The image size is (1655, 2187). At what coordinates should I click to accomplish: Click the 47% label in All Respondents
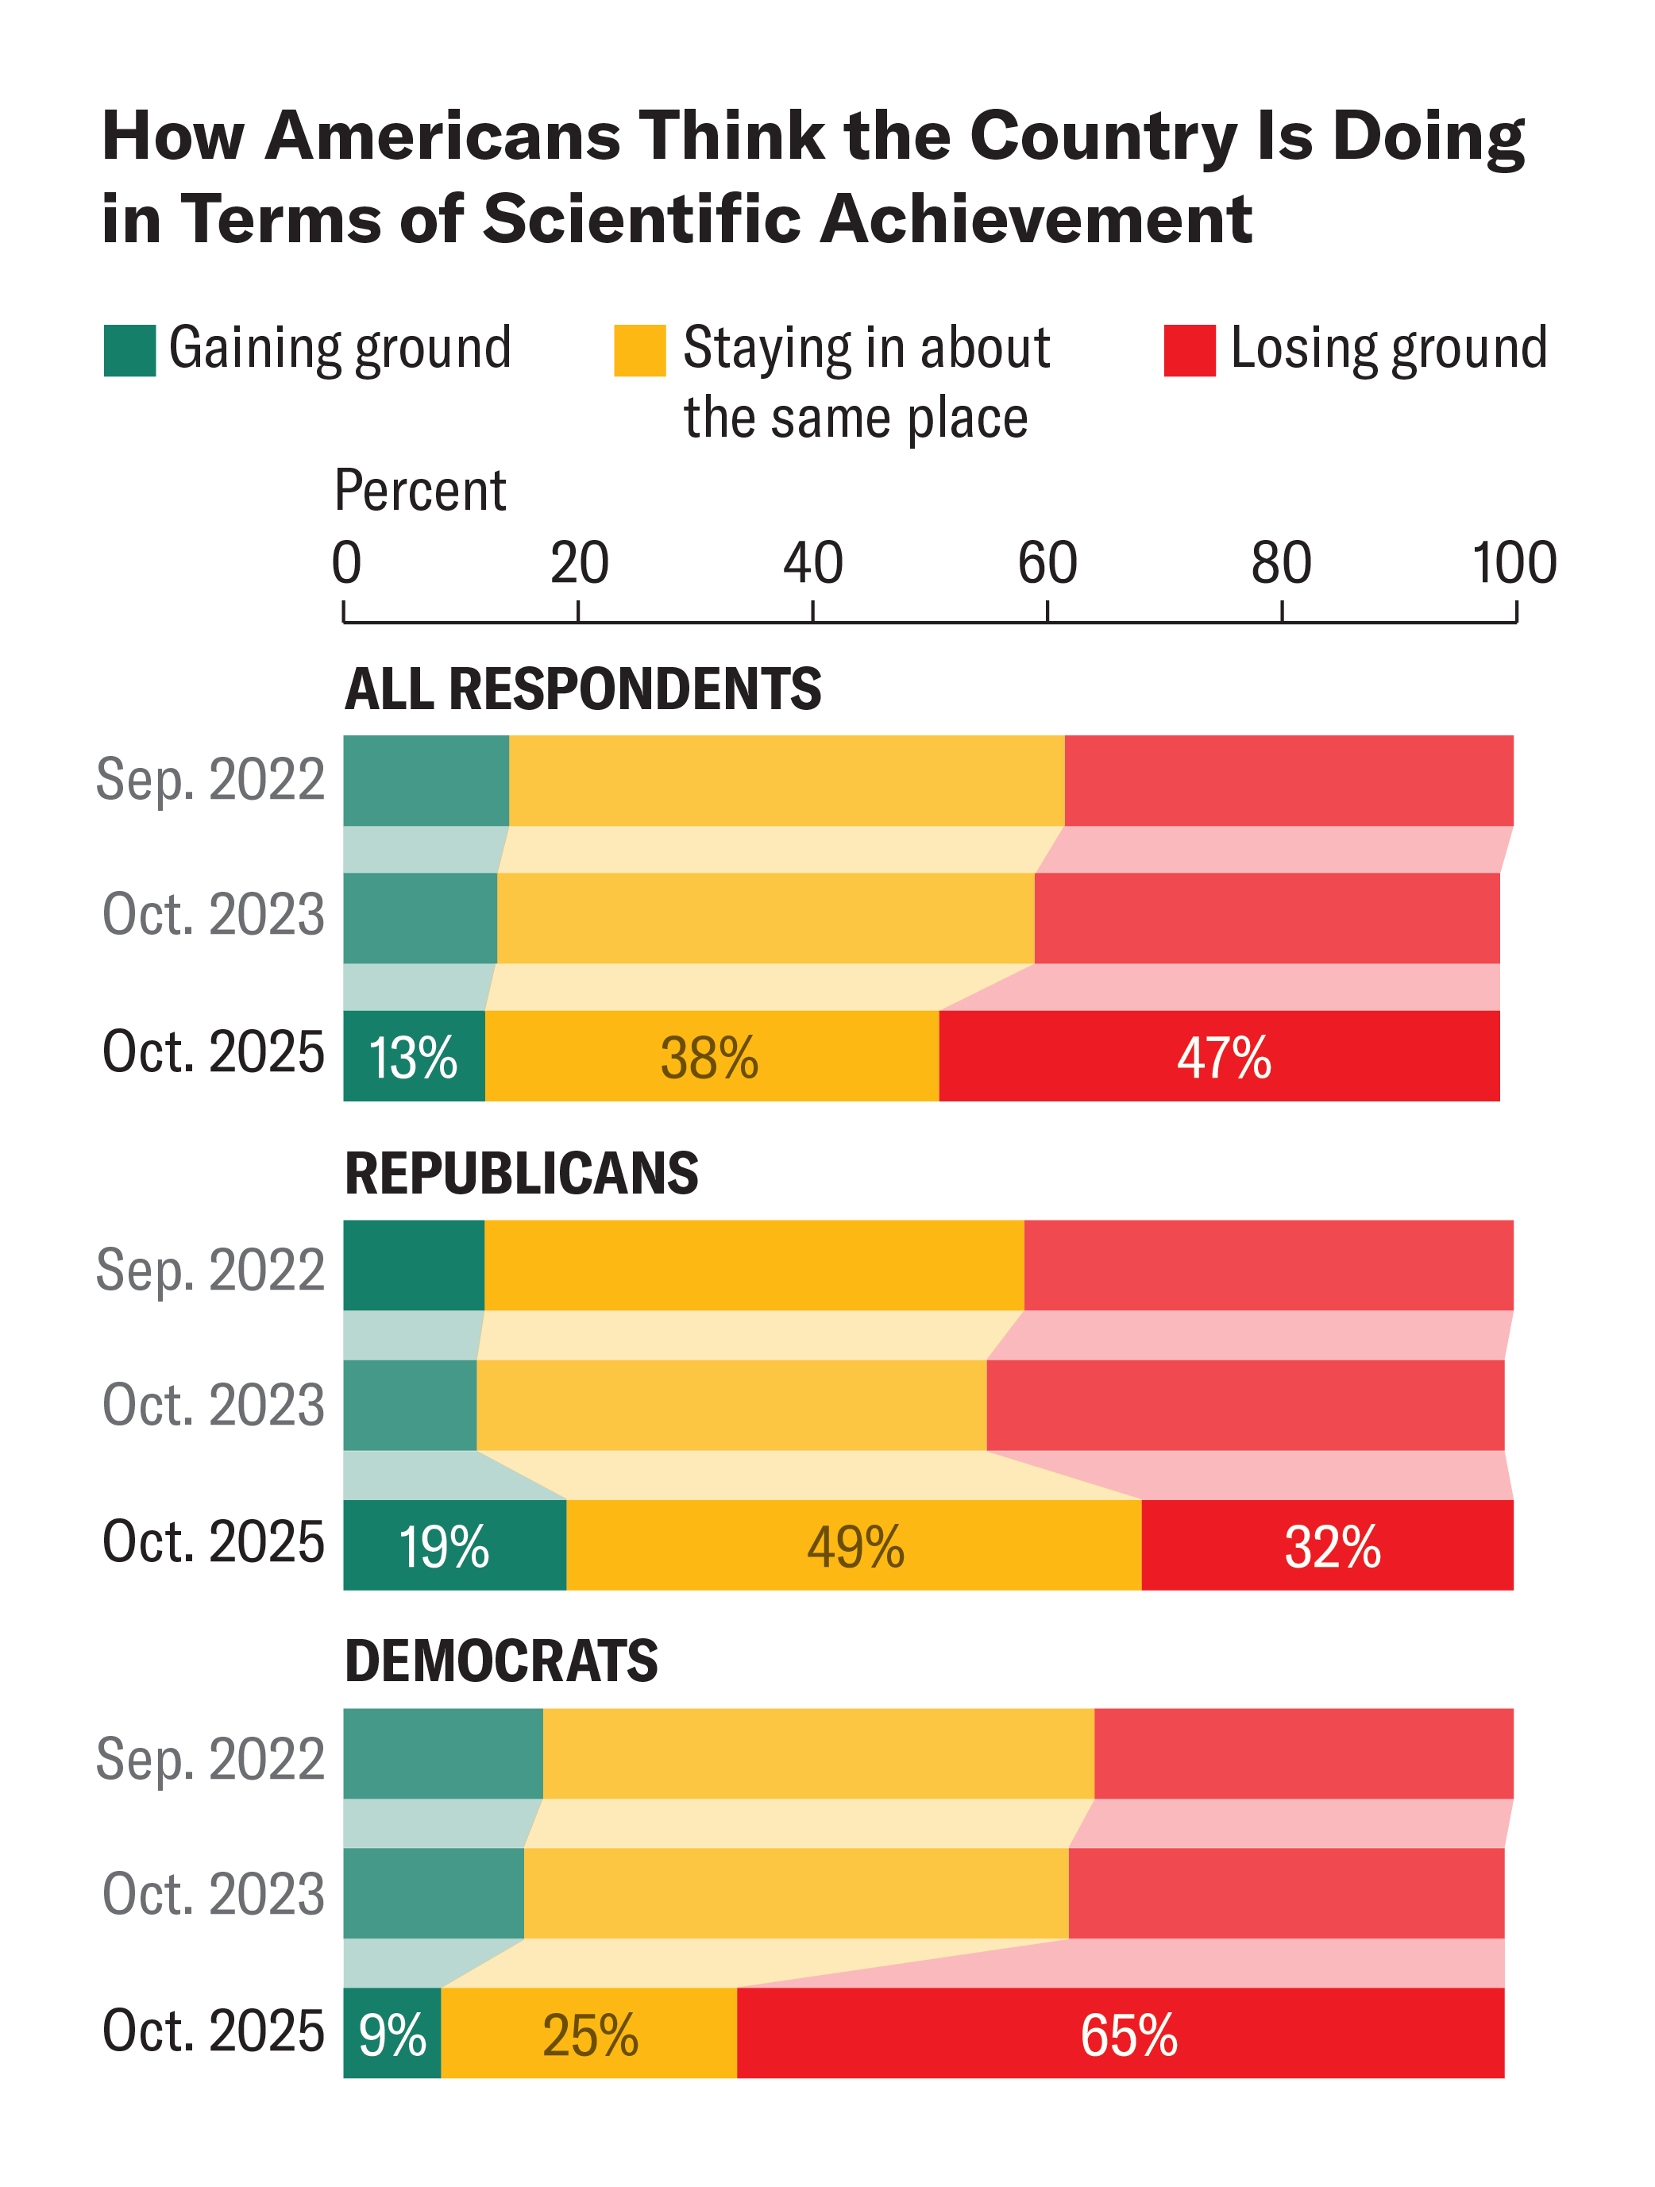tap(1223, 1058)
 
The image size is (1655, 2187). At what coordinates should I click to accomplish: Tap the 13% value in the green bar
tap(413, 1058)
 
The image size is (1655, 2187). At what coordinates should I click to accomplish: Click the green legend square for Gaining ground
tap(129, 351)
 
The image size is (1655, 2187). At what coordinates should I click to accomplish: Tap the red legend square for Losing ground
tap(1190, 351)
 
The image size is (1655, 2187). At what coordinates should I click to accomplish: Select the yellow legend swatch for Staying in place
tap(639, 351)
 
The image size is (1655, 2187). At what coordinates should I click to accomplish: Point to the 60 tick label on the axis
tap(1047, 565)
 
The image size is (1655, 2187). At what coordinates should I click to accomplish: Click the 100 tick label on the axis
tap(1514, 565)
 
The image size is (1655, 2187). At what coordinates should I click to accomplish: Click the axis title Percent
tap(420, 492)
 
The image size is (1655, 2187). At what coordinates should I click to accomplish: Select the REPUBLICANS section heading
tap(521, 1174)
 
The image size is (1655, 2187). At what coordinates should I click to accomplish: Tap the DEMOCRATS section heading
tap(501, 1661)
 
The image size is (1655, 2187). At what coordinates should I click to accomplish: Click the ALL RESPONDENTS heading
tap(582, 689)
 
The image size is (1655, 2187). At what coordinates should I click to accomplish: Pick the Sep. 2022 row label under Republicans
tap(210, 1270)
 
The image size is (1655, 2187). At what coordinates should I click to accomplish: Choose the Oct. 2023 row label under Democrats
tap(214, 1894)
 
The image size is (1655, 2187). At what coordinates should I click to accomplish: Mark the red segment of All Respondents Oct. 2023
tap(1267, 919)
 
